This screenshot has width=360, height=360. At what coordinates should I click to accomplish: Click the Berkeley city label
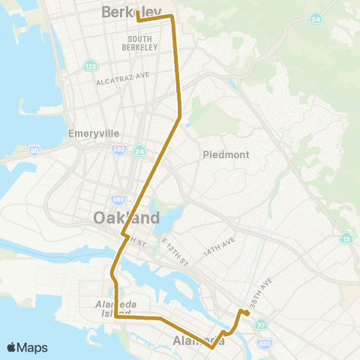132,11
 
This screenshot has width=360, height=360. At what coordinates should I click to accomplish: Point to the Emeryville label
94,133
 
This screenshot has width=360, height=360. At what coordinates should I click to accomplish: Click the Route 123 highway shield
90,65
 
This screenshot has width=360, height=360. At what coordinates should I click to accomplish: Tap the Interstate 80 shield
34,151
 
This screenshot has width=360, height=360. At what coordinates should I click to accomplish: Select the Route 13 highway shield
346,238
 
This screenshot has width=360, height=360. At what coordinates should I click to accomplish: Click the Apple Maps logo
27,347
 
